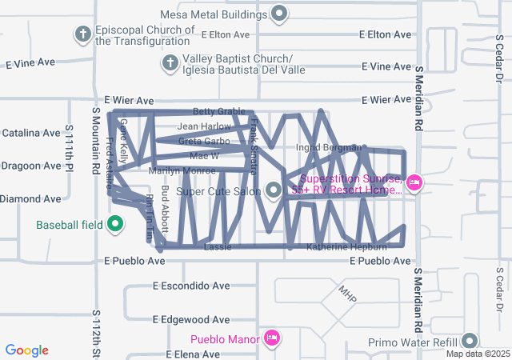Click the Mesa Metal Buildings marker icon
point(279,13)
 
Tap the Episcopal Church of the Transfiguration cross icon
point(82,34)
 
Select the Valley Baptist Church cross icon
point(170,62)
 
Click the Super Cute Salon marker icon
point(274,190)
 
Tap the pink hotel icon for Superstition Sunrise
point(414,183)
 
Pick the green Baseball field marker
point(115,224)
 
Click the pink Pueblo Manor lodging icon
point(271,338)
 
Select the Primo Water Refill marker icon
point(469,341)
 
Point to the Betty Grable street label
point(218,112)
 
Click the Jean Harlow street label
point(204,126)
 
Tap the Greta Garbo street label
point(204,142)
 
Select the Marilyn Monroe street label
point(182,170)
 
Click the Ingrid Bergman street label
point(329,147)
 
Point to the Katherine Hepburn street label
point(346,247)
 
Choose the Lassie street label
point(218,247)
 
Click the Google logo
point(27,350)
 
